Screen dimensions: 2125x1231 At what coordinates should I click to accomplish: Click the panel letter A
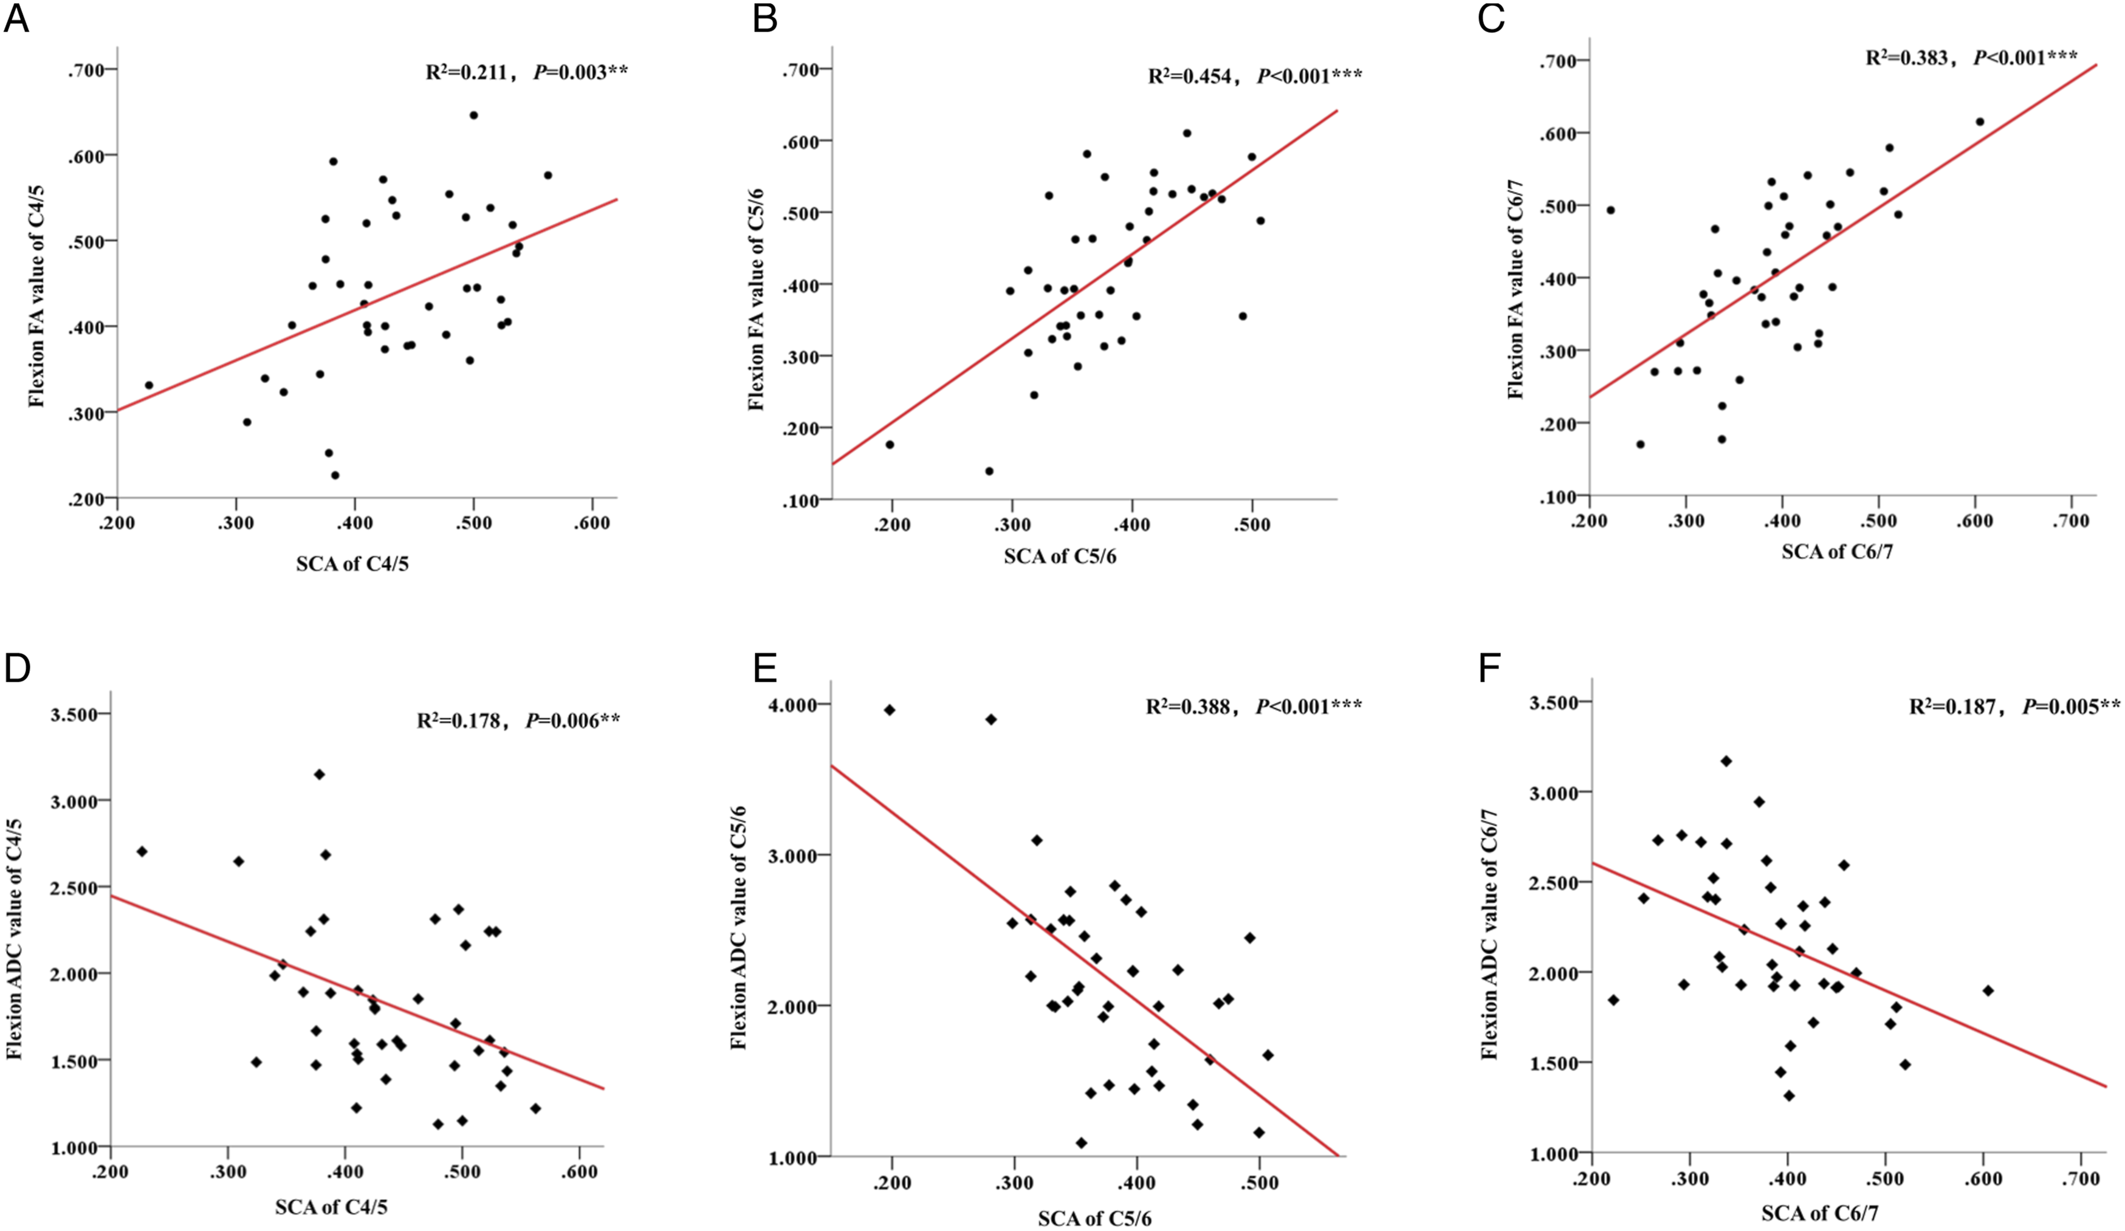point(17,19)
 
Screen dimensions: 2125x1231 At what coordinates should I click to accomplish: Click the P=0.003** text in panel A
point(581,72)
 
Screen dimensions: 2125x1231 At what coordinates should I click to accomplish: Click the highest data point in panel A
point(473,115)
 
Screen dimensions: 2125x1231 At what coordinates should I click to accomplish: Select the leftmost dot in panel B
point(890,444)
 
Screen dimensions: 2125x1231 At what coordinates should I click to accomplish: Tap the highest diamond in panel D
point(319,774)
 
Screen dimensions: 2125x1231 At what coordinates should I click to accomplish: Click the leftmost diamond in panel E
point(889,710)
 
